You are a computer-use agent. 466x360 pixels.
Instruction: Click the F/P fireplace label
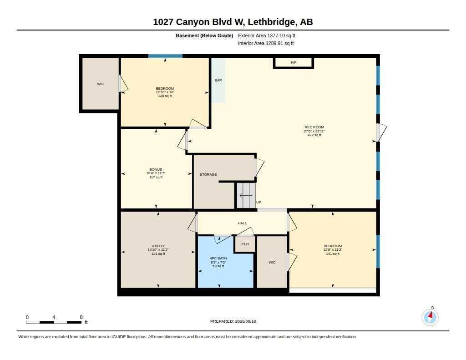(x=294, y=62)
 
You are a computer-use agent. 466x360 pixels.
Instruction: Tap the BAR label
(x=218, y=80)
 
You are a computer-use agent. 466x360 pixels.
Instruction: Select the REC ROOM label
(x=314, y=127)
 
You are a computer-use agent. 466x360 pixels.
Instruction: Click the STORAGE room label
(x=208, y=174)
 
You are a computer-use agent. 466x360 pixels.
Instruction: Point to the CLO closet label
(x=245, y=244)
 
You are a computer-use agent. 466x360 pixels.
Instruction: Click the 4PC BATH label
(x=218, y=259)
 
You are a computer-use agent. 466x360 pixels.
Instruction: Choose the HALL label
(x=242, y=223)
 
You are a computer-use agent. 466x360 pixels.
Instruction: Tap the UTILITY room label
(x=158, y=246)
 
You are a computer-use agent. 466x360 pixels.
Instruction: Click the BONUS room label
(x=156, y=169)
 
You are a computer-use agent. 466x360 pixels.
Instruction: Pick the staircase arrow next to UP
(x=246, y=196)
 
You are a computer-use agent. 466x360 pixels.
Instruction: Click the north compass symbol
(x=430, y=317)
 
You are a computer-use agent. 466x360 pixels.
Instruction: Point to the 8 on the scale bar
(x=81, y=317)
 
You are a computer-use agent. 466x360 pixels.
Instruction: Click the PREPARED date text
(x=233, y=321)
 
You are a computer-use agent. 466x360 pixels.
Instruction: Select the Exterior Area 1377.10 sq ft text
(x=267, y=35)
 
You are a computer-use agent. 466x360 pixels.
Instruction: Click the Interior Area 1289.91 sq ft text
(x=266, y=43)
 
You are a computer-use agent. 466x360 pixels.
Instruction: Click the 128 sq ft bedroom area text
(x=165, y=96)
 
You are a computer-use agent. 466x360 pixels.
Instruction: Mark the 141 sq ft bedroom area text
(x=333, y=254)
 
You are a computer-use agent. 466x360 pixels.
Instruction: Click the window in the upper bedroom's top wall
(x=166, y=56)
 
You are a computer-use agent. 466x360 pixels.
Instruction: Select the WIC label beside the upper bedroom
(x=101, y=84)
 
